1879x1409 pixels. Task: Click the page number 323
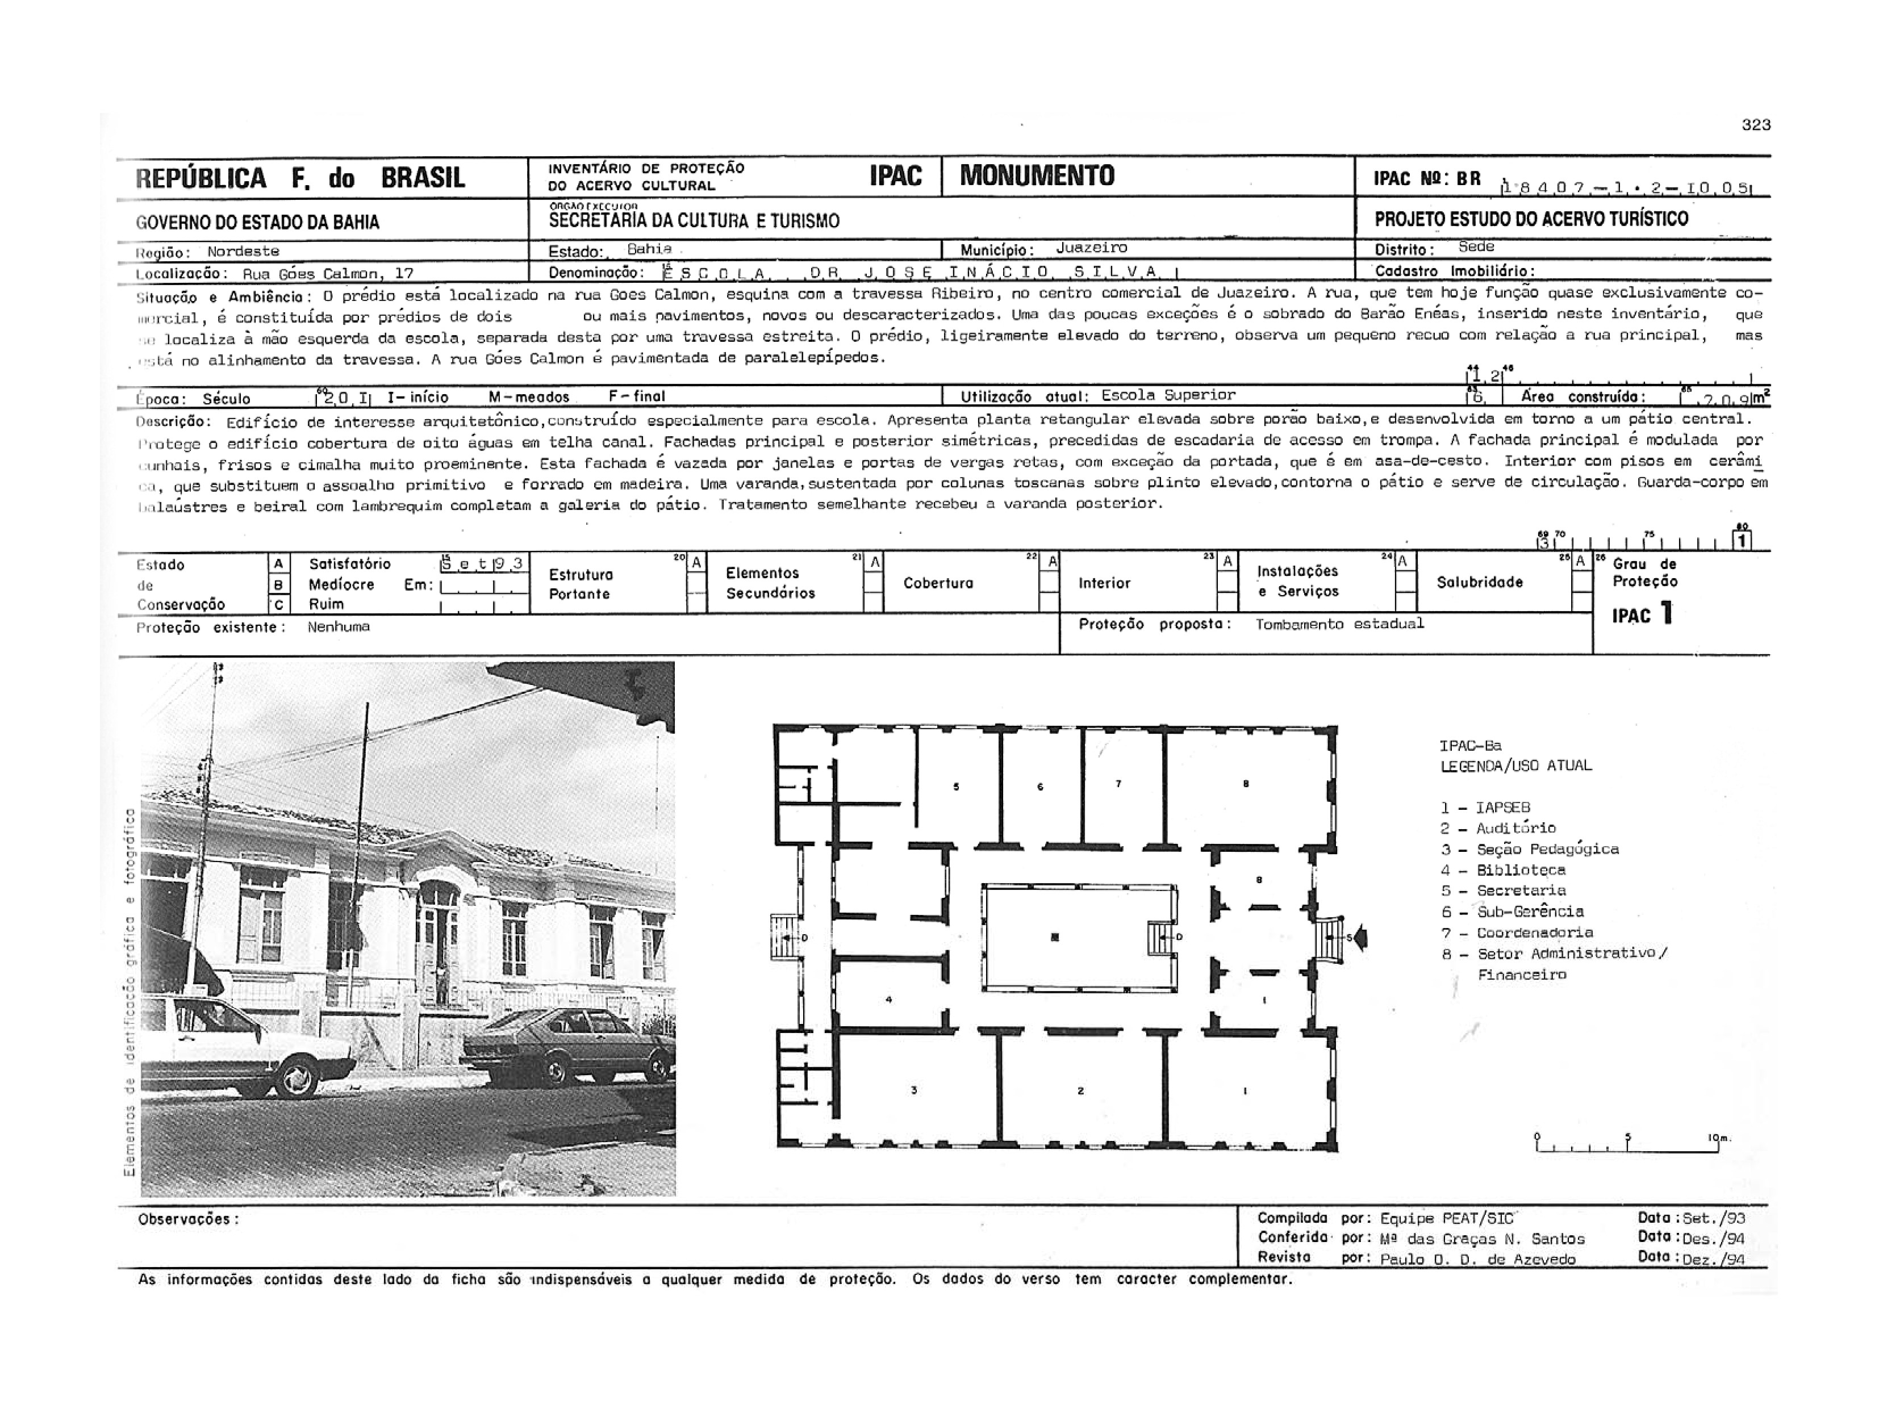(1756, 125)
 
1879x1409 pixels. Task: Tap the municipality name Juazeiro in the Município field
(1092, 248)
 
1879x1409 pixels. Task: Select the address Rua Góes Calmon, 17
(328, 274)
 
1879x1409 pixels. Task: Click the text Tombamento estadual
(1339, 624)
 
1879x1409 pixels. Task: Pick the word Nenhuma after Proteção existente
(338, 627)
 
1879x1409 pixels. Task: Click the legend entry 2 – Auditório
(1498, 828)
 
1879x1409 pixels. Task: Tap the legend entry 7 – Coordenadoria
(1516, 933)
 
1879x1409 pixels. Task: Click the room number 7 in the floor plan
(1118, 784)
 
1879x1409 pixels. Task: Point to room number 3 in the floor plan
(914, 1090)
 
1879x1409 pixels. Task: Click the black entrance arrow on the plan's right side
(1360, 938)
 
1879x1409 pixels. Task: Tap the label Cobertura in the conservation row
(938, 583)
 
